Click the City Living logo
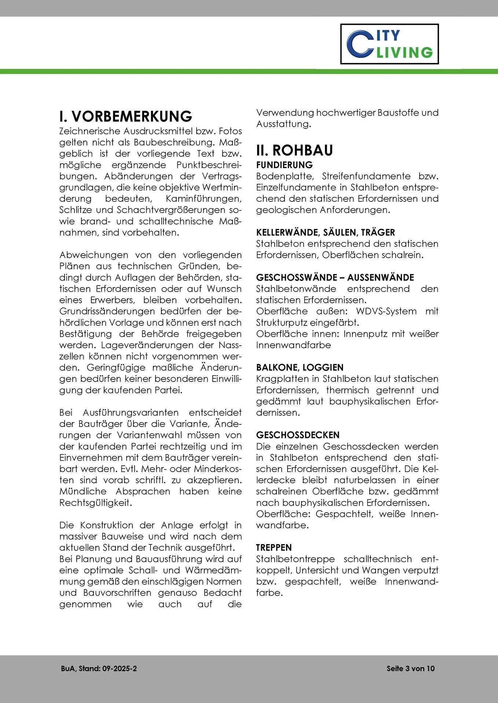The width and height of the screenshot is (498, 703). click(x=389, y=44)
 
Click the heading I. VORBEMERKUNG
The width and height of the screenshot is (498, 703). click(x=126, y=116)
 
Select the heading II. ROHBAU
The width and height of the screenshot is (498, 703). click(x=294, y=150)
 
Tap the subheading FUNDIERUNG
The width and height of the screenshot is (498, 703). click(x=284, y=165)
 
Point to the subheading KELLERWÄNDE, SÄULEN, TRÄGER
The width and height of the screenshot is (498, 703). click(x=325, y=232)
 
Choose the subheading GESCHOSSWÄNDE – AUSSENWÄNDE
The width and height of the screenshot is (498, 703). click(x=335, y=277)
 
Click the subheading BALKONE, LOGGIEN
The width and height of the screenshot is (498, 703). click(x=300, y=367)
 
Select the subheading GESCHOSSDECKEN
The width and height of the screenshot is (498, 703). click(x=298, y=435)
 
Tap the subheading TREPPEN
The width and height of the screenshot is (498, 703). click(x=274, y=547)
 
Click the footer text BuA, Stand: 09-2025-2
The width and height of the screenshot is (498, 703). click(x=99, y=669)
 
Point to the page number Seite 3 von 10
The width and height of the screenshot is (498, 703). click(x=410, y=669)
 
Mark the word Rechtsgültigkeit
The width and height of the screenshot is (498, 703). click(x=95, y=503)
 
